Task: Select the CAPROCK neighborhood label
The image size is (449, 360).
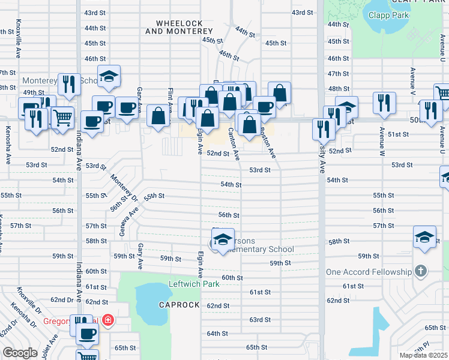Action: (x=179, y=305)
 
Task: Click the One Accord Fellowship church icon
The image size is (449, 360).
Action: (x=421, y=271)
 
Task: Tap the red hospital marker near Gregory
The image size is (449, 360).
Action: (x=107, y=322)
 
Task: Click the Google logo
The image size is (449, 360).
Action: (x=20, y=353)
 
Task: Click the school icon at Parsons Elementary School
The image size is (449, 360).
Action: (x=222, y=239)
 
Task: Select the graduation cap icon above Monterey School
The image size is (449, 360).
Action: (x=109, y=76)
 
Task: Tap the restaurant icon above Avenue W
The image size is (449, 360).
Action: (x=382, y=103)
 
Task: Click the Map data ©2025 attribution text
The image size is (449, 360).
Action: (x=424, y=355)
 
